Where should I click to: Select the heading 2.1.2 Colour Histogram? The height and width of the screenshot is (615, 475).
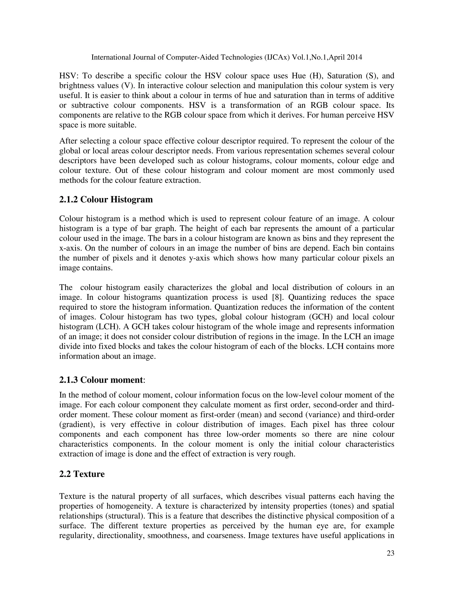click(x=106, y=199)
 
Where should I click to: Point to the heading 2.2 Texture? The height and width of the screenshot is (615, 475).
click(x=82, y=474)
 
